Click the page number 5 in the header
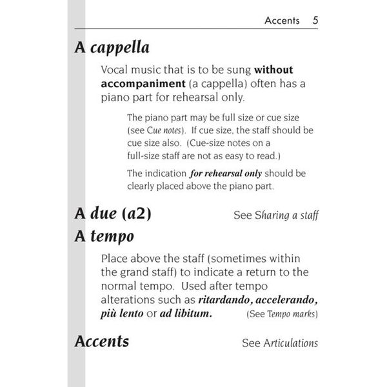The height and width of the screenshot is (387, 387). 315,20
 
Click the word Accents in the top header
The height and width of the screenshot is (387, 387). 283,21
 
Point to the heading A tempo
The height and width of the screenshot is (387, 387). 104,236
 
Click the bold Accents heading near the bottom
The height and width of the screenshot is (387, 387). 102,341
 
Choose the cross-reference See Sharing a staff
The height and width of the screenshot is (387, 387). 275,215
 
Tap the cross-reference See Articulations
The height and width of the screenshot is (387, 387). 279,343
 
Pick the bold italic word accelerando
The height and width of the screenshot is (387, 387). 281,300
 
